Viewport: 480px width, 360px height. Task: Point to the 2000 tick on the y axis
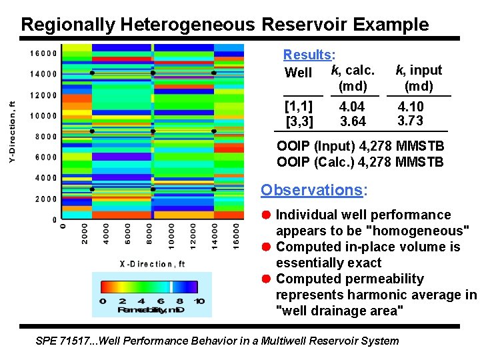pos(45,199)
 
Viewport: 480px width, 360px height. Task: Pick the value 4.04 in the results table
pos(351,107)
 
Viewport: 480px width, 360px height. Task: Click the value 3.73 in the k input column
pos(409,121)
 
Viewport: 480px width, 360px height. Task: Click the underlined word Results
pos(308,55)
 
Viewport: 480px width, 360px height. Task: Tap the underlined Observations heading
pos(312,190)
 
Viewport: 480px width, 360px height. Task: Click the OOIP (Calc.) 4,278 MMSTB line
pos(359,162)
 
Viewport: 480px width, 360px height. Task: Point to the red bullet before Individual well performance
pos(266,215)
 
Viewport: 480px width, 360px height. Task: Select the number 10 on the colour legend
pos(199,301)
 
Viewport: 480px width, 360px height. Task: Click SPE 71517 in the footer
pos(63,341)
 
